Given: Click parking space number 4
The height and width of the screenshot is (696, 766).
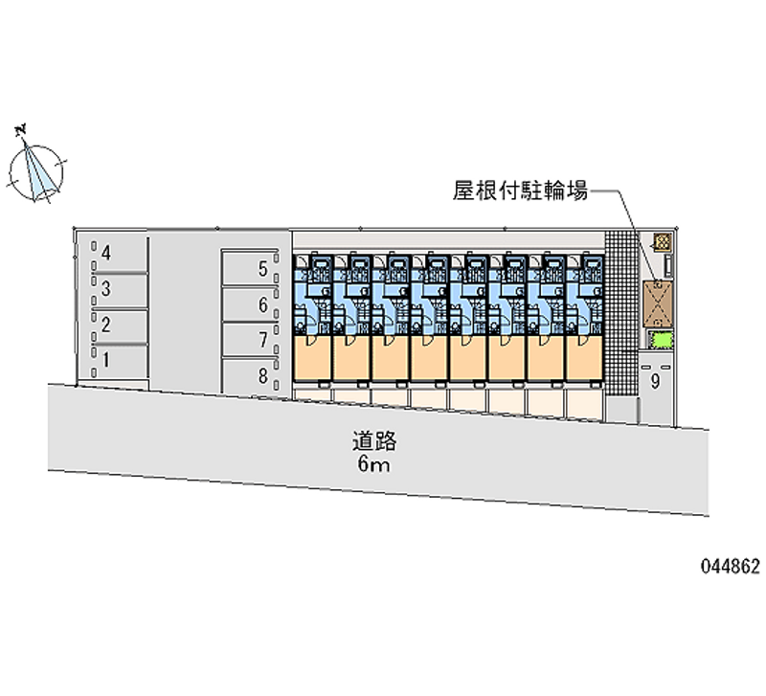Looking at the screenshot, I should point(107,254).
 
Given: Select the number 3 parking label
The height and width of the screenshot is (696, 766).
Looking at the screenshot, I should point(107,289).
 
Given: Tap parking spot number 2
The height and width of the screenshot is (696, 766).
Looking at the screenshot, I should point(106,325).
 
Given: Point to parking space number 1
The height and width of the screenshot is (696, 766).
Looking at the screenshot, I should point(106,360).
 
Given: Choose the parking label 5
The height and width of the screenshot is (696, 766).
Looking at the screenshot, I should point(262,270).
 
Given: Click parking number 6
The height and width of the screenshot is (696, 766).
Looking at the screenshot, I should point(262,305).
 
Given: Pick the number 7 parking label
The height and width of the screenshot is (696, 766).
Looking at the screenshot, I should point(262,340).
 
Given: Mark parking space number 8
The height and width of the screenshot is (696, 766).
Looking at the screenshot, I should point(262,375).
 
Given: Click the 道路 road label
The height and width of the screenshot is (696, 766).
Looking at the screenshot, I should point(373,442).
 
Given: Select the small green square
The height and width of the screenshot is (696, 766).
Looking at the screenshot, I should point(661,339).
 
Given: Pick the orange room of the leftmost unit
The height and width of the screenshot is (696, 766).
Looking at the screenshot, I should point(311,359).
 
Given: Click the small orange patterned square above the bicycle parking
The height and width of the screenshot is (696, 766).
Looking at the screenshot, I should point(661,240).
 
